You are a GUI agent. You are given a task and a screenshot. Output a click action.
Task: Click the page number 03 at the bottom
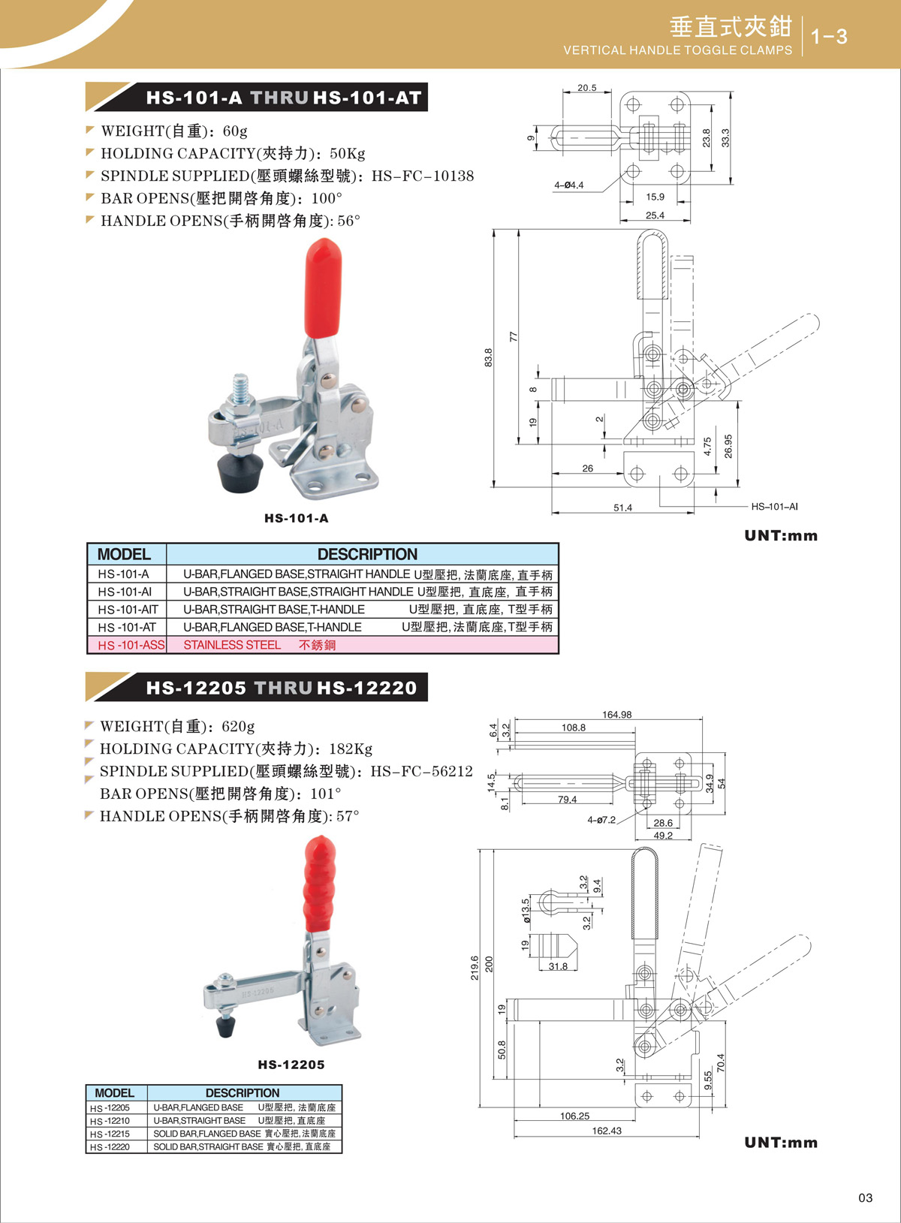point(865,1197)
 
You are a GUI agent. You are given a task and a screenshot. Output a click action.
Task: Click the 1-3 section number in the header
point(830,36)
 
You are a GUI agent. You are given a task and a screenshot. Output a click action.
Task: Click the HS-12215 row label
point(110,1134)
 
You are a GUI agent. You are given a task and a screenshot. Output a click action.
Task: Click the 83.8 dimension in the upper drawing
point(489,357)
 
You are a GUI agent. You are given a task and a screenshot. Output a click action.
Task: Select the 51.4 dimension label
point(622,508)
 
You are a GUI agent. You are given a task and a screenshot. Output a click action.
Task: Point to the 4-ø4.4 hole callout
point(568,185)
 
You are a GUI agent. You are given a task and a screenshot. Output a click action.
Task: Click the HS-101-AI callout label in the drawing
point(774,507)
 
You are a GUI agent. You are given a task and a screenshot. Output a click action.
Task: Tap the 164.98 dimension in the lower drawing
point(616,715)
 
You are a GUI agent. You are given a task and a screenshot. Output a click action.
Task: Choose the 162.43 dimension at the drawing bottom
point(607,1131)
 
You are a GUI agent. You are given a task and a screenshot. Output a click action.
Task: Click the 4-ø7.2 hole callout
point(601,820)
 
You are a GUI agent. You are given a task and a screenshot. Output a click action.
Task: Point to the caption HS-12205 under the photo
point(291,1065)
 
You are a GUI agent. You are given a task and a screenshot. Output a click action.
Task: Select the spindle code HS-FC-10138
point(423,176)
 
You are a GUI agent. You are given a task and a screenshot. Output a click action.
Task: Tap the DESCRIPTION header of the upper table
point(367,554)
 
